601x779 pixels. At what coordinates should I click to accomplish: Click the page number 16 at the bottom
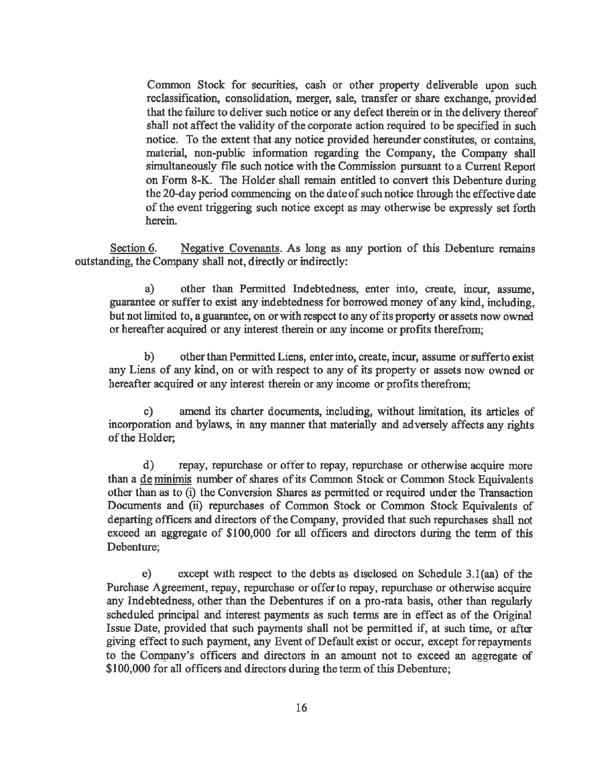pos(301,708)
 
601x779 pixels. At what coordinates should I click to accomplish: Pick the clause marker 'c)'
pos(149,412)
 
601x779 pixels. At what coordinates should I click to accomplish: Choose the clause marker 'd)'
pos(149,466)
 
